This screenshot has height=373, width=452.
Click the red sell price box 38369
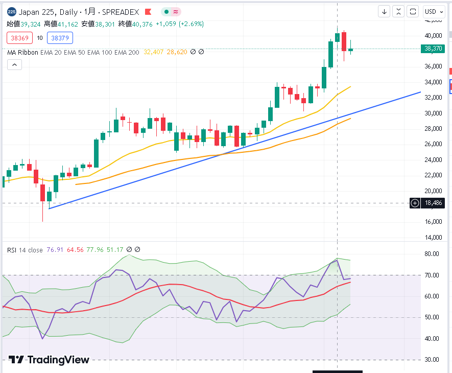(19, 38)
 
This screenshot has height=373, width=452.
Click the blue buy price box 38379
(60, 38)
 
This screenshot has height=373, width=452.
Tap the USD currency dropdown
(434, 12)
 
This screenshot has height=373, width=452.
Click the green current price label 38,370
(433, 49)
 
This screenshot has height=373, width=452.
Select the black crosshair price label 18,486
(433, 203)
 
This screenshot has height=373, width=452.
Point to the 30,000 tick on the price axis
(433, 113)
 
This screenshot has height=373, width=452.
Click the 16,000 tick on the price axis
(433, 222)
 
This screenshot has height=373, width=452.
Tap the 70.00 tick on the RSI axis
(432, 275)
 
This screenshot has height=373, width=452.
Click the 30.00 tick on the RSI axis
(432, 360)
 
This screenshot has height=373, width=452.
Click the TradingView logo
(49, 360)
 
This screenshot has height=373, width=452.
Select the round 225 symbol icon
(12, 12)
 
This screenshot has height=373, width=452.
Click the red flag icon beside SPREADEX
(148, 12)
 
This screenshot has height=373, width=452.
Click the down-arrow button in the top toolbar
(384, 12)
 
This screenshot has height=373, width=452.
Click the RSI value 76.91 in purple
(55, 250)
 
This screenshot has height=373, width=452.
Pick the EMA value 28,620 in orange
(177, 52)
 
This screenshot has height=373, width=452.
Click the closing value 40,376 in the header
(142, 24)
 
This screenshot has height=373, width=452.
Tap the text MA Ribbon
(22, 53)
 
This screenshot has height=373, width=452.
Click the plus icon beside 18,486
(415, 203)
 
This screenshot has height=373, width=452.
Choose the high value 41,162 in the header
(68, 24)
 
